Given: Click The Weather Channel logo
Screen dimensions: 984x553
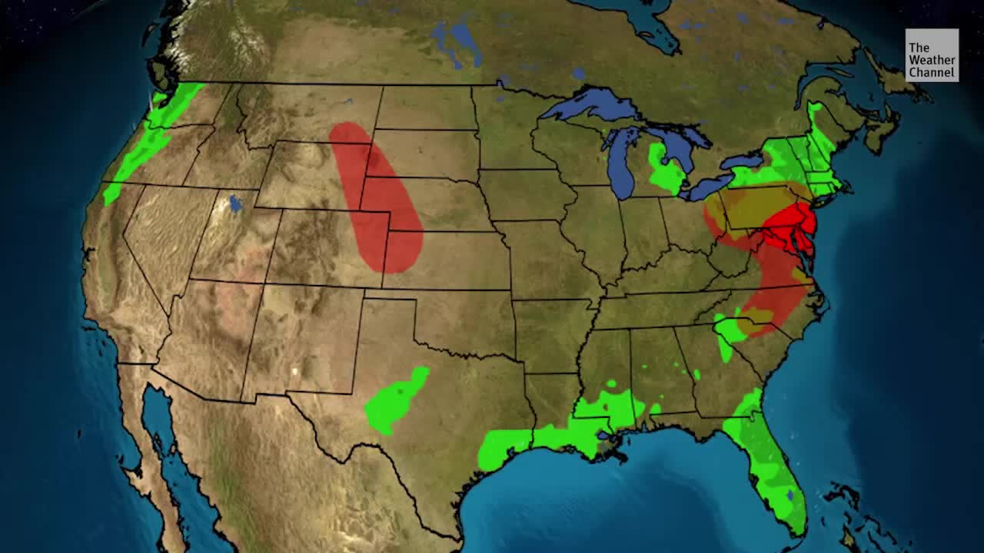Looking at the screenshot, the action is tap(931, 55).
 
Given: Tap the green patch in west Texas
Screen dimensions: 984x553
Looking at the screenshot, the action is tap(395, 400).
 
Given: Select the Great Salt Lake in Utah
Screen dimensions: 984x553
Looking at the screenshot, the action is tap(235, 204).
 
